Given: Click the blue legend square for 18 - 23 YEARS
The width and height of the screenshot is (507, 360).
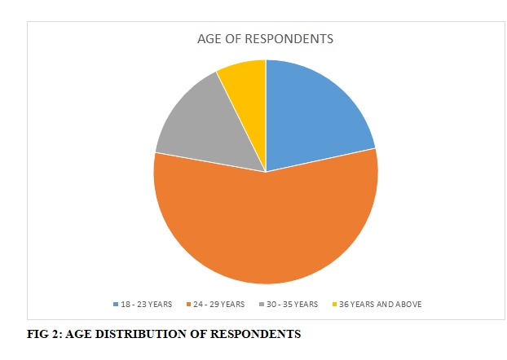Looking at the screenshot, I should click(x=116, y=304).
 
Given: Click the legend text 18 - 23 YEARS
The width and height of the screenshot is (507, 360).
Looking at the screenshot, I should click(x=147, y=304).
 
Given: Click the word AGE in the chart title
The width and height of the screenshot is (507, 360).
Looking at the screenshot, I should click(x=209, y=38).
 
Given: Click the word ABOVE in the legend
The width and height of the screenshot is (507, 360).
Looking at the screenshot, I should click(x=409, y=304).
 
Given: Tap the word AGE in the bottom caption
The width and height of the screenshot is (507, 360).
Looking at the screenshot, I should click(x=76, y=333).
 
